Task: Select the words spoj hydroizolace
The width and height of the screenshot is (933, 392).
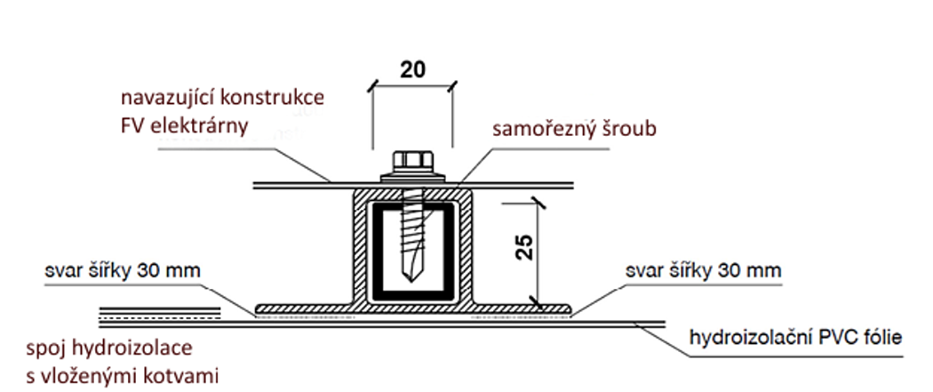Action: point(107,345)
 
